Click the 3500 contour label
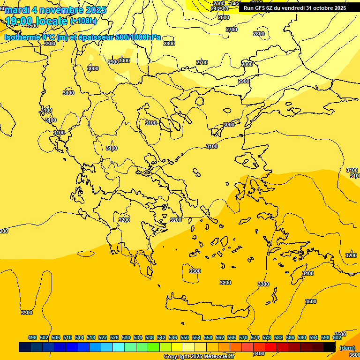click(x=310, y=301)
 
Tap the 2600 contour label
click(x=224, y=17)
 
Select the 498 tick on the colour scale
click(x=32, y=337)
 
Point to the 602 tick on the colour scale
click(x=337, y=337)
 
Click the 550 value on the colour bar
click(x=185, y=337)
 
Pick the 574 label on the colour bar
click(x=255, y=337)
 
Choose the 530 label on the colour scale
click(x=126, y=337)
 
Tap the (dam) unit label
click(x=347, y=348)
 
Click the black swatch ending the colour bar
click(x=330, y=347)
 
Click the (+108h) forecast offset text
click(x=83, y=21)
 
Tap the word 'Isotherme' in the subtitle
click(x=22, y=37)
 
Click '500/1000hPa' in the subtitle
click(x=138, y=37)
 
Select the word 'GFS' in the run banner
click(x=263, y=7)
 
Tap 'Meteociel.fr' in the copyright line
click(x=218, y=357)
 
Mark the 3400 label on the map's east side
click(x=307, y=273)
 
